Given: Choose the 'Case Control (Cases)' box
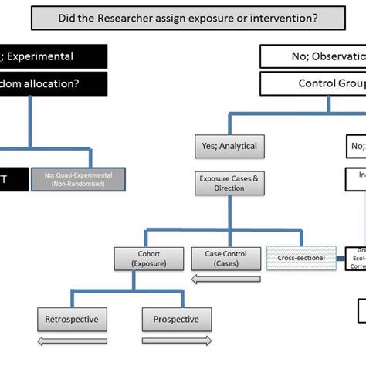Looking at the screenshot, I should point(222,258).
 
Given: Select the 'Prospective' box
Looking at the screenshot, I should point(176,319).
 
